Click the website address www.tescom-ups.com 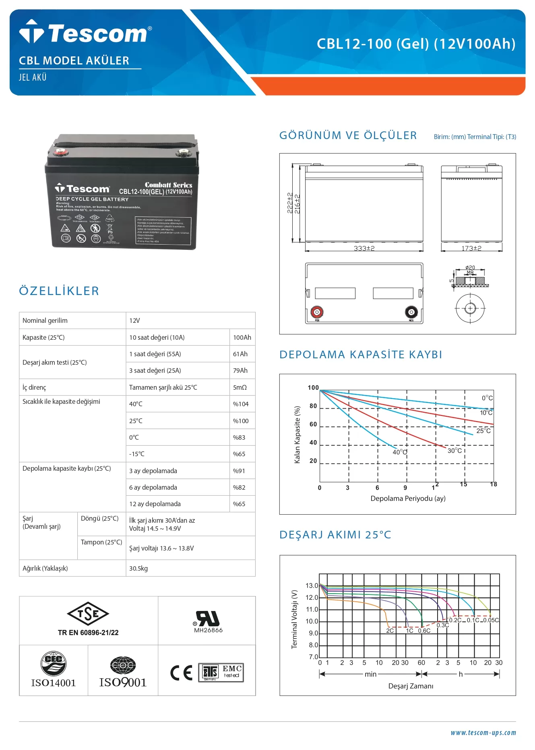coord(483,733)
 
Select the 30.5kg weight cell coord(138,568)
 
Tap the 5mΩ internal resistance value coord(240,387)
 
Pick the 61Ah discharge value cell coord(240,354)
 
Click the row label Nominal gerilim coord(45,320)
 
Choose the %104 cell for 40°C coord(241,404)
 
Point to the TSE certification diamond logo coord(88,614)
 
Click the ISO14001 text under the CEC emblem coord(54,683)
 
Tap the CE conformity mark coord(181,673)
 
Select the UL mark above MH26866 coord(208,619)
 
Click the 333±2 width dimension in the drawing coord(364,248)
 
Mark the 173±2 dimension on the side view coord(471,248)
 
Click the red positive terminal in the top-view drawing coord(317,312)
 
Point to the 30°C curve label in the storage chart coord(455,451)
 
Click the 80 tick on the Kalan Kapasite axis coord(313,406)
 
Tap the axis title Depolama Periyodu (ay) coord(408,499)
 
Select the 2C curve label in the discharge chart coord(390,631)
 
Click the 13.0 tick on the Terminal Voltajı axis coord(312,586)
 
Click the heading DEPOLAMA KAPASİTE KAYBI coord(361,355)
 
